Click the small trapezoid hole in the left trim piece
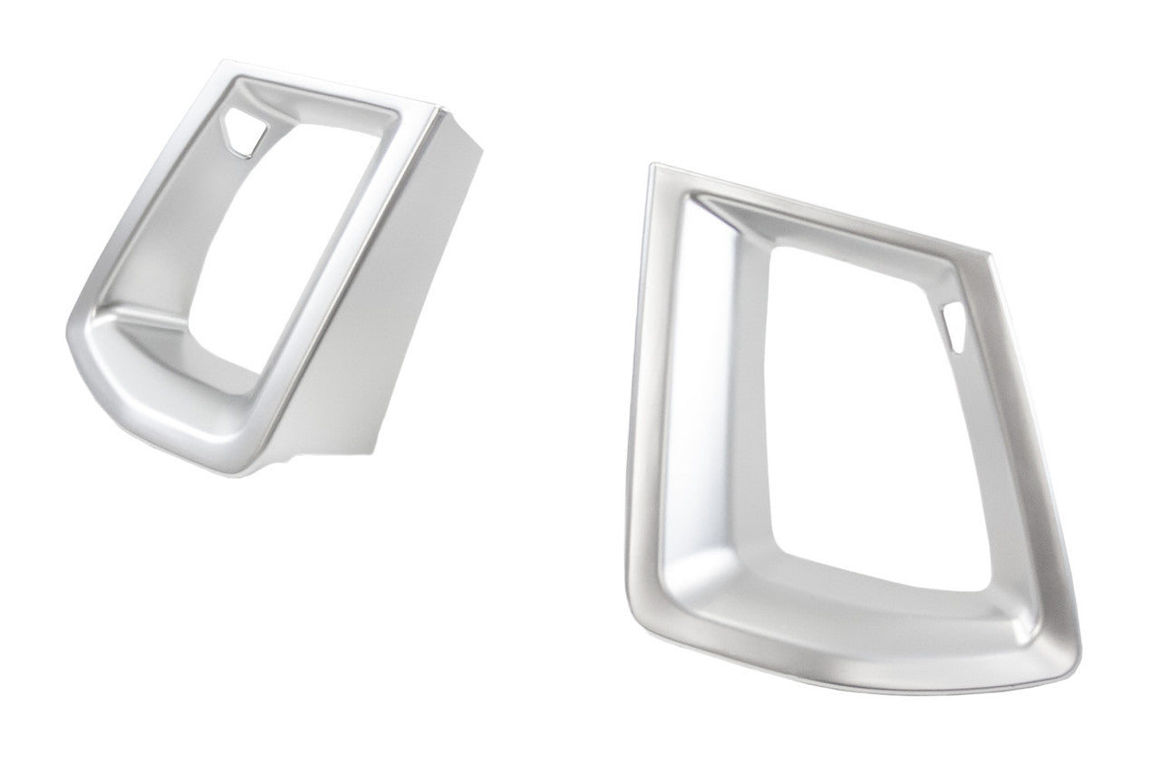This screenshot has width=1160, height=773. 242,132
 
